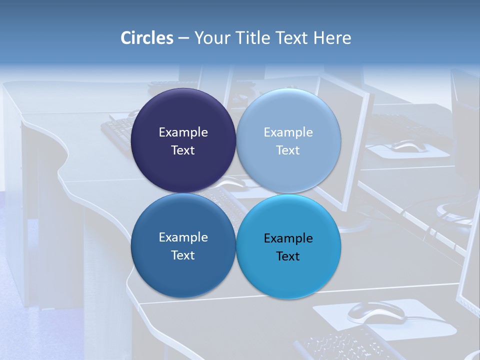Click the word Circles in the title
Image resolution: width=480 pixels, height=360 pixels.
(x=147, y=38)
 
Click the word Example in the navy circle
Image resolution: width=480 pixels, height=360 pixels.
(x=183, y=132)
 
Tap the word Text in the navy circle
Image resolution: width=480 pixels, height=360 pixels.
(x=183, y=150)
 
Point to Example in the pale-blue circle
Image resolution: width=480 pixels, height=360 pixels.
(x=288, y=132)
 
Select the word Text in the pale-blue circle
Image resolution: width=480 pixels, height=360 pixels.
(x=288, y=150)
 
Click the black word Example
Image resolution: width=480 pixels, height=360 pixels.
(x=288, y=238)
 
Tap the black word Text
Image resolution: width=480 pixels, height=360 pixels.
(x=288, y=256)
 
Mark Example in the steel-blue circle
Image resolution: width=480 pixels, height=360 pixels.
(x=183, y=237)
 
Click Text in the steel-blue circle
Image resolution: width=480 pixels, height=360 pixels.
(x=183, y=255)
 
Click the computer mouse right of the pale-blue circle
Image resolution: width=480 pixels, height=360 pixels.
(x=409, y=146)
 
